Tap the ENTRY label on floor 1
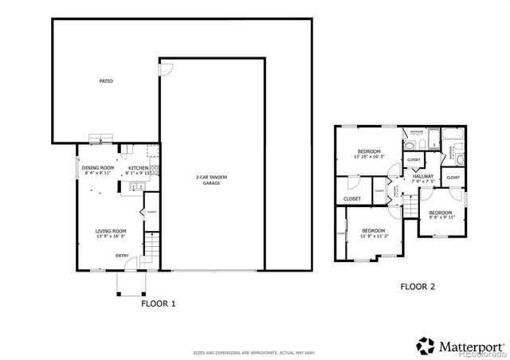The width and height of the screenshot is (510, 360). tap(122, 256)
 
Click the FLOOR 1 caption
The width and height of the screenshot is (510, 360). tap(158, 303)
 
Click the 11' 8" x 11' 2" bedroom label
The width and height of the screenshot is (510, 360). tap(374, 233)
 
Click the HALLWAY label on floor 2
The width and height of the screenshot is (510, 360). tap(422, 178)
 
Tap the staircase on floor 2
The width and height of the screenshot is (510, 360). tap(408, 206)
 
